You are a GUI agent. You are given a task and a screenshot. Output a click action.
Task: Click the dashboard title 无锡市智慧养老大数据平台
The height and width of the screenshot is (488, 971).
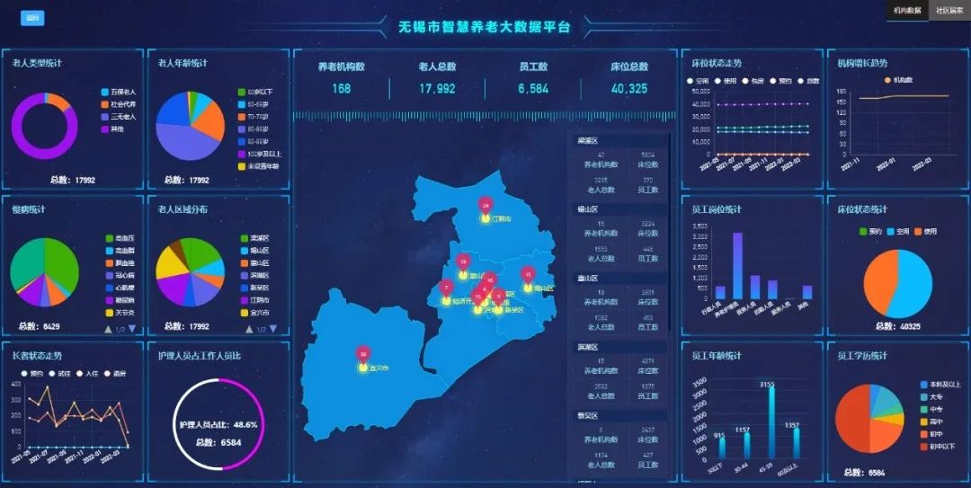485,27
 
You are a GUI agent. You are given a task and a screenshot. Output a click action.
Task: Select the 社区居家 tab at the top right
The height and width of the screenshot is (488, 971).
949,11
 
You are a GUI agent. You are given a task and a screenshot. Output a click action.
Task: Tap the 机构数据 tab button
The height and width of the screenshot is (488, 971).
906,11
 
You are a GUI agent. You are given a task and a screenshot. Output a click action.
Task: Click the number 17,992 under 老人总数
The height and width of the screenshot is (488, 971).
437,89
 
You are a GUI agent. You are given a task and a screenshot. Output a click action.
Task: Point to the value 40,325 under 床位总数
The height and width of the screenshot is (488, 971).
629,89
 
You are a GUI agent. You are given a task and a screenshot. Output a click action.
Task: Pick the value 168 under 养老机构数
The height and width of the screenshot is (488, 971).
341,89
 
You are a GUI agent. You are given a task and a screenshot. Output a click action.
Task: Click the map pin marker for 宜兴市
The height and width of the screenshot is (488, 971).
362,355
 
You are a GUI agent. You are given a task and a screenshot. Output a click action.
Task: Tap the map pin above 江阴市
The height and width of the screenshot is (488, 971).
485,206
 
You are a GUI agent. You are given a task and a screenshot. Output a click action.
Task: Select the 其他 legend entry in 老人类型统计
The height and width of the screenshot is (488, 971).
118,129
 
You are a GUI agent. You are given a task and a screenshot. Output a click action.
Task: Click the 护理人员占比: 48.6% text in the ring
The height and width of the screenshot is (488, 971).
218,424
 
